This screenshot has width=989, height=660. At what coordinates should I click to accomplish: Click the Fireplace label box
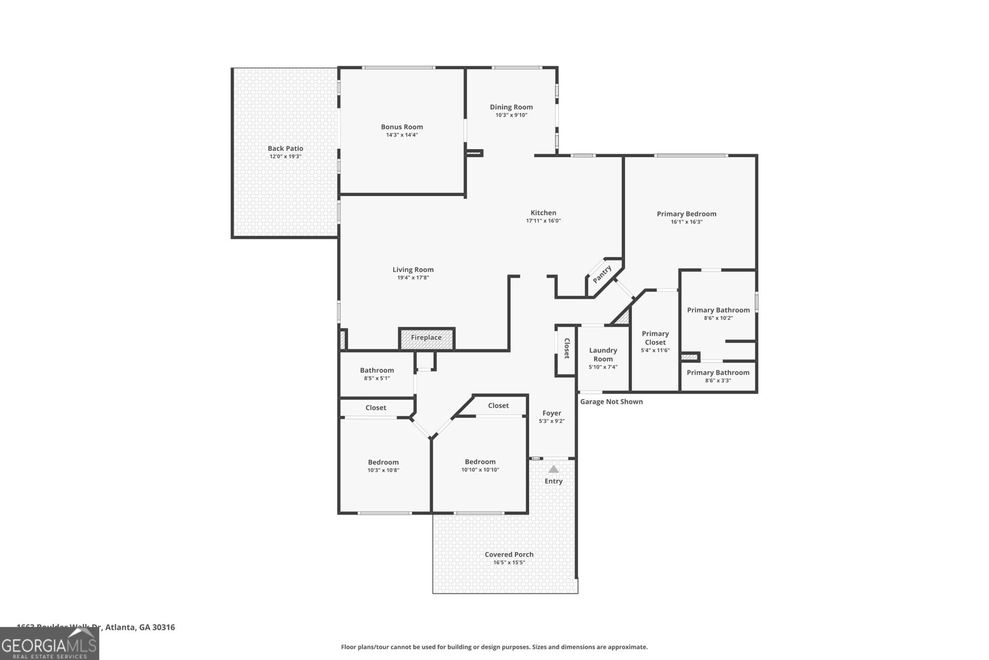tap(427, 338)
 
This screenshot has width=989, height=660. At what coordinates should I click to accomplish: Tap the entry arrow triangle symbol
tap(553, 469)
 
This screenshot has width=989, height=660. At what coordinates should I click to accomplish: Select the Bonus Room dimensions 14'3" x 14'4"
tap(402, 135)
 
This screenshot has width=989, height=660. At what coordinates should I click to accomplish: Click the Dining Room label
tap(511, 107)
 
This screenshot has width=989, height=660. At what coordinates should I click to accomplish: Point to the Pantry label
tap(602, 274)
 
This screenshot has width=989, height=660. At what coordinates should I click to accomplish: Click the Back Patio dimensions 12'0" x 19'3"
tap(285, 156)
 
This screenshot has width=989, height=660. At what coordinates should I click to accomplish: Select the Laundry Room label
tap(603, 354)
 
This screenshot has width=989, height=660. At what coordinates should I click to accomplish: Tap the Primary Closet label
tap(655, 338)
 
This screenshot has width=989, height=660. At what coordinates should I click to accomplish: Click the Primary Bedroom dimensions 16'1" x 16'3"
tap(686, 221)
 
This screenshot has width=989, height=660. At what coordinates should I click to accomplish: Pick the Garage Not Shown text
tap(611, 402)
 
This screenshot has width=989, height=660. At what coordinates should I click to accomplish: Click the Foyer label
tap(552, 413)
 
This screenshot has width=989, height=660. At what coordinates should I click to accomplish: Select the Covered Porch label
tap(509, 555)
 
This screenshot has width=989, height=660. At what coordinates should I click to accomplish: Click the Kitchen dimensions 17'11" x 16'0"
tap(543, 221)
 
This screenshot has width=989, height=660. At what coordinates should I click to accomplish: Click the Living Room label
tap(413, 270)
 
